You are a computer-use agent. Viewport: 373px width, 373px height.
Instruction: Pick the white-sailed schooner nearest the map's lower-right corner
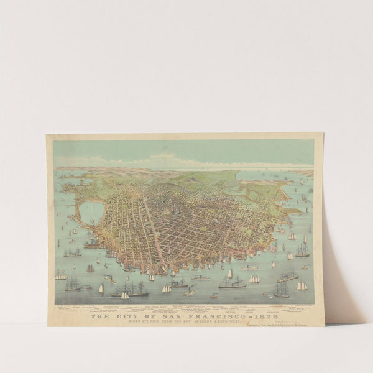point(302,286)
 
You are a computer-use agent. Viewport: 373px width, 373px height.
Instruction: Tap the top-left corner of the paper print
point(47,134)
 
